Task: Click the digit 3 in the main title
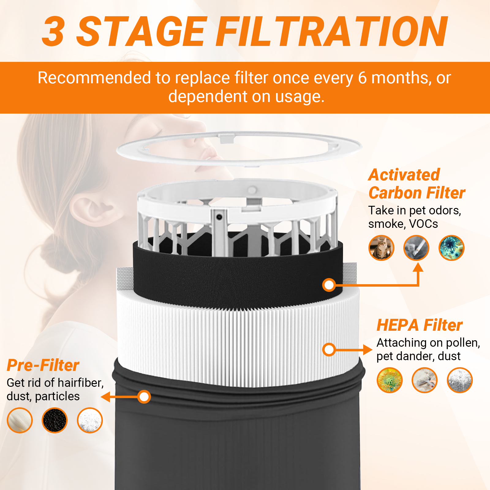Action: pyautogui.click(x=54, y=31)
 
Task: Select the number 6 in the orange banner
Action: pyautogui.click(x=362, y=78)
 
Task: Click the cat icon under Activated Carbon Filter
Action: pyautogui.click(x=381, y=248)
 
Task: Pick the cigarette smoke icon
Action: pyautogui.click(x=417, y=248)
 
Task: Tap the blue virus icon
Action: pyautogui.click(x=451, y=248)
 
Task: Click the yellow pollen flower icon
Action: pyautogui.click(x=390, y=380)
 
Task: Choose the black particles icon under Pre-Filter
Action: pyautogui.click(x=55, y=420)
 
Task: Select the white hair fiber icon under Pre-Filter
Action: pyautogui.click(x=20, y=420)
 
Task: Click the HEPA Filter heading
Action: pyautogui.click(x=420, y=325)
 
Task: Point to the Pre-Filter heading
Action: pyautogui.click(x=43, y=365)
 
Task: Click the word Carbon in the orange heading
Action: pyautogui.click(x=395, y=193)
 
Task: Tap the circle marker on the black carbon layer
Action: pyautogui.click(x=329, y=285)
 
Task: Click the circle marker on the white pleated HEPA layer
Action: pyautogui.click(x=329, y=349)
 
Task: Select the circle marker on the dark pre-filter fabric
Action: pyautogui.click(x=144, y=397)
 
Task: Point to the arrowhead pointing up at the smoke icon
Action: pyautogui.click(x=418, y=267)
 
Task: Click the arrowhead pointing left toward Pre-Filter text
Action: pyautogui.click(x=105, y=397)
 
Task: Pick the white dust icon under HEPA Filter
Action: pyautogui.click(x=460, y=380)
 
